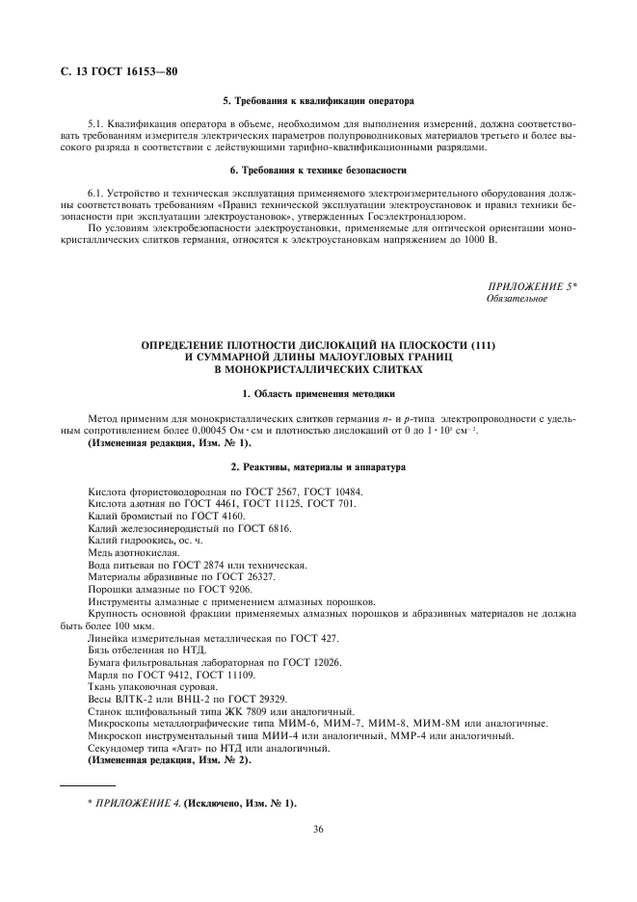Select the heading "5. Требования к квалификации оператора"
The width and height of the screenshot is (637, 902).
click(x=318, y=100)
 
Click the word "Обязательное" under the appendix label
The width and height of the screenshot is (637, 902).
click(x=518, y=299)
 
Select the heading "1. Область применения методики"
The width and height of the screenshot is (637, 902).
click(x=318, y=394)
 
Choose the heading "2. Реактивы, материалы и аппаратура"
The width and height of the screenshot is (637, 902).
click(x=318, y=467)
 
